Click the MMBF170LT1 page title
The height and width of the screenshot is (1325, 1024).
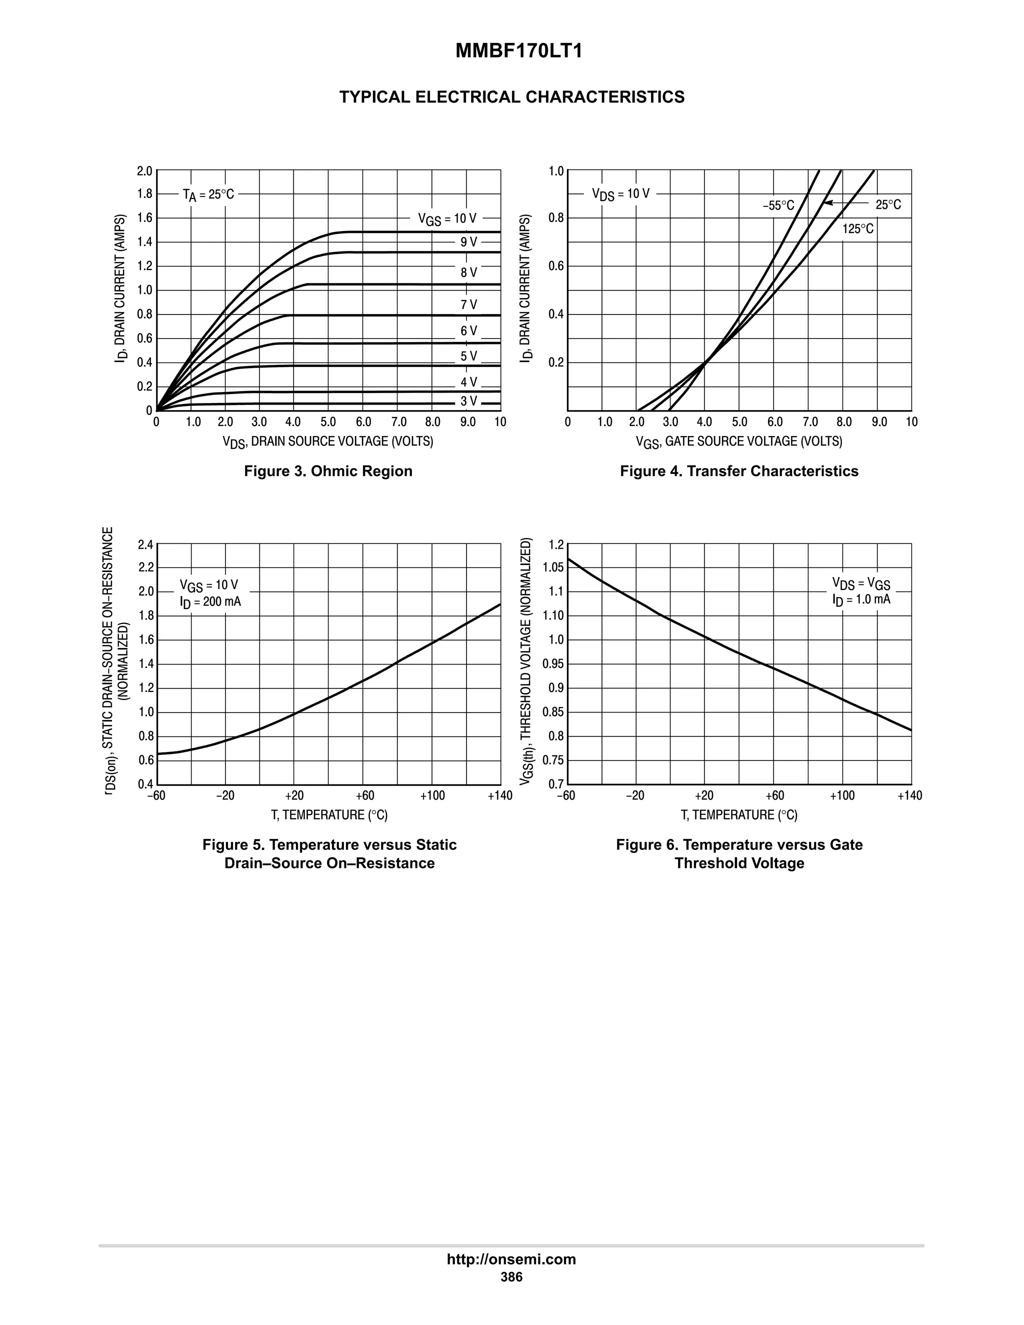pos(518,51)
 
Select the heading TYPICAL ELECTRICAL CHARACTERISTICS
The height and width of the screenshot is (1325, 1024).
pos(511,97)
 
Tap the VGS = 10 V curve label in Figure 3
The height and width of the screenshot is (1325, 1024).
pos(447,218)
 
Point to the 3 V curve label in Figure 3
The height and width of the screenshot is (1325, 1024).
pos(468,401)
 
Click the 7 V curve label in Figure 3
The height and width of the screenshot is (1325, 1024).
pos(468,304)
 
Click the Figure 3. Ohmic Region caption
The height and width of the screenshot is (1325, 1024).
pos(327,471)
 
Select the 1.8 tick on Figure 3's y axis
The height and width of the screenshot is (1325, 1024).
pos(144,194)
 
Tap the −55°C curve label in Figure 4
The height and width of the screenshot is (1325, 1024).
pos(778,205)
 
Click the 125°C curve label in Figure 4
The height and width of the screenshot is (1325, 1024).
pos(858,228)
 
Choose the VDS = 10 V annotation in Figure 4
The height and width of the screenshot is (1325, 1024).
pos(620,194)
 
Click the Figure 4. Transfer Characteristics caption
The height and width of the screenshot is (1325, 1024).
pos(739,471)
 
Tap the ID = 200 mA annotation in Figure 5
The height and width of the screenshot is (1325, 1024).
pos(210,602)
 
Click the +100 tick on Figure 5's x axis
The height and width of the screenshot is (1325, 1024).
pos(432,796)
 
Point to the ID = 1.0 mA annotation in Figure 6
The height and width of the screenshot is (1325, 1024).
pos(861,599)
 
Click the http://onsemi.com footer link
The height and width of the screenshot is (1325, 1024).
pos(511,1259)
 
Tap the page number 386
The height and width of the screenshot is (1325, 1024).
pos(511,1277)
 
